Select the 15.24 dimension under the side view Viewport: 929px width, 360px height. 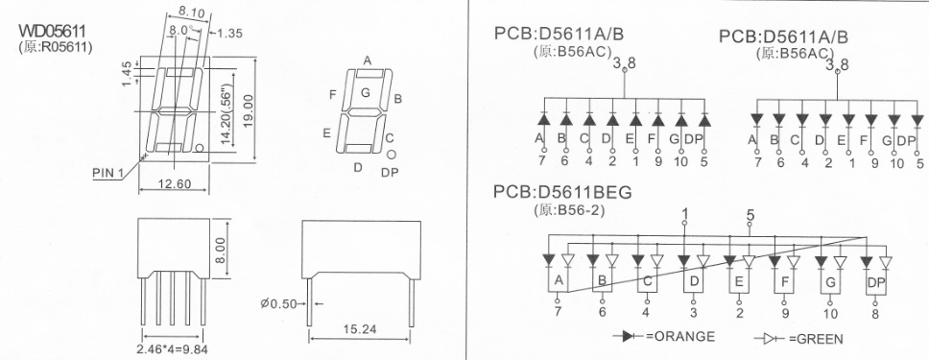tap(360, 329)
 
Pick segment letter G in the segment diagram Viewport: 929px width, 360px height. tap(365, 93)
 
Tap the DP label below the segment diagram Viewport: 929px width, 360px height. tap(390, 173)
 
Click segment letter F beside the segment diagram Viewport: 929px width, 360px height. tap(332, 95)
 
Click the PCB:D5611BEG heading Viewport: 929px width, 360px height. tap(563, 192)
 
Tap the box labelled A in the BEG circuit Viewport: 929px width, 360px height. tap(556, 280)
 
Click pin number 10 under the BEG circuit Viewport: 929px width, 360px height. tap(830, 313)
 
